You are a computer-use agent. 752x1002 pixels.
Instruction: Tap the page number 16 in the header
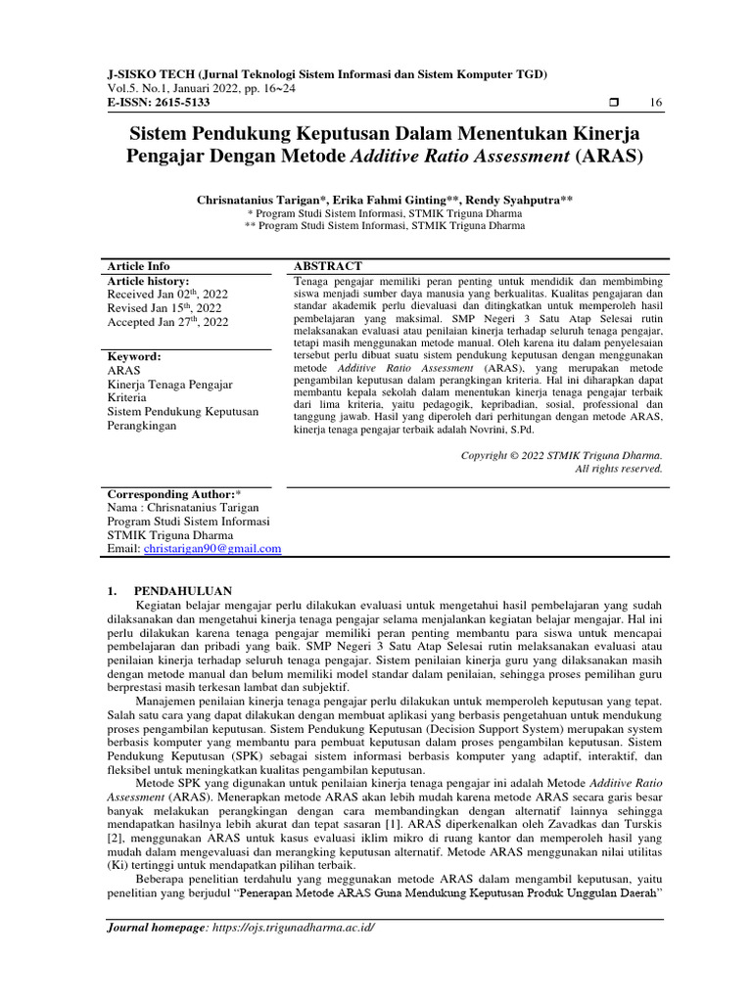click(x=656, y=103)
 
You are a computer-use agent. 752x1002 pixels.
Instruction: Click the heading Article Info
click(x=138, y=265)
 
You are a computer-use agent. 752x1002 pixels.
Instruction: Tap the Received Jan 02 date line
click(x=166, y=294)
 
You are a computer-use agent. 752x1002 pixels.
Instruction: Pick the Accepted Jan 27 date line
click(x=167, y=322)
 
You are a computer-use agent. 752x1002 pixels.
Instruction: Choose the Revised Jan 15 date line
click(x=164, y=308)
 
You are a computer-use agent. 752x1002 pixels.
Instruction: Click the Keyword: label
click(x=133, y=357)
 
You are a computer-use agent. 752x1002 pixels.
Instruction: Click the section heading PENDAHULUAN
click(x=182, y=591)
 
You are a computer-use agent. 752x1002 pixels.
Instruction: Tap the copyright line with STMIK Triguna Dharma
click(x=561, y=455)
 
